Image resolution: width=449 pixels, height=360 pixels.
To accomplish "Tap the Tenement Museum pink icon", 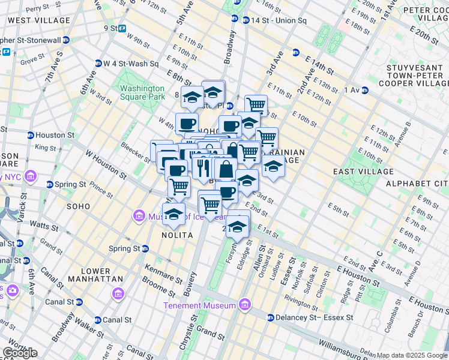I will (x=244, y=305).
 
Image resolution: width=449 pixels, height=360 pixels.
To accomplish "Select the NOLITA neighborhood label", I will (x=176, y=235).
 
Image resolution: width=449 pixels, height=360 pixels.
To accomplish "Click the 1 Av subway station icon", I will (x=364, y=90).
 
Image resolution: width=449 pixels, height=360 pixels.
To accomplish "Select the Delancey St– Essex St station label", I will (x=310, y=317).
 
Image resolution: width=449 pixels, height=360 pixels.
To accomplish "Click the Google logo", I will (x=19, y=353).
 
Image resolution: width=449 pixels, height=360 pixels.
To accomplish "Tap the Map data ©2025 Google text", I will (x=412, y=355).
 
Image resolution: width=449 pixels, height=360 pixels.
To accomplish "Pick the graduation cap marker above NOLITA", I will (x=173, y=214).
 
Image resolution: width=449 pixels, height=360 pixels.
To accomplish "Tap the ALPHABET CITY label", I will (x=416, y=182).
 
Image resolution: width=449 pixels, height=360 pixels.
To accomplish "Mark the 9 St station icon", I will (x=122, y=28).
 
